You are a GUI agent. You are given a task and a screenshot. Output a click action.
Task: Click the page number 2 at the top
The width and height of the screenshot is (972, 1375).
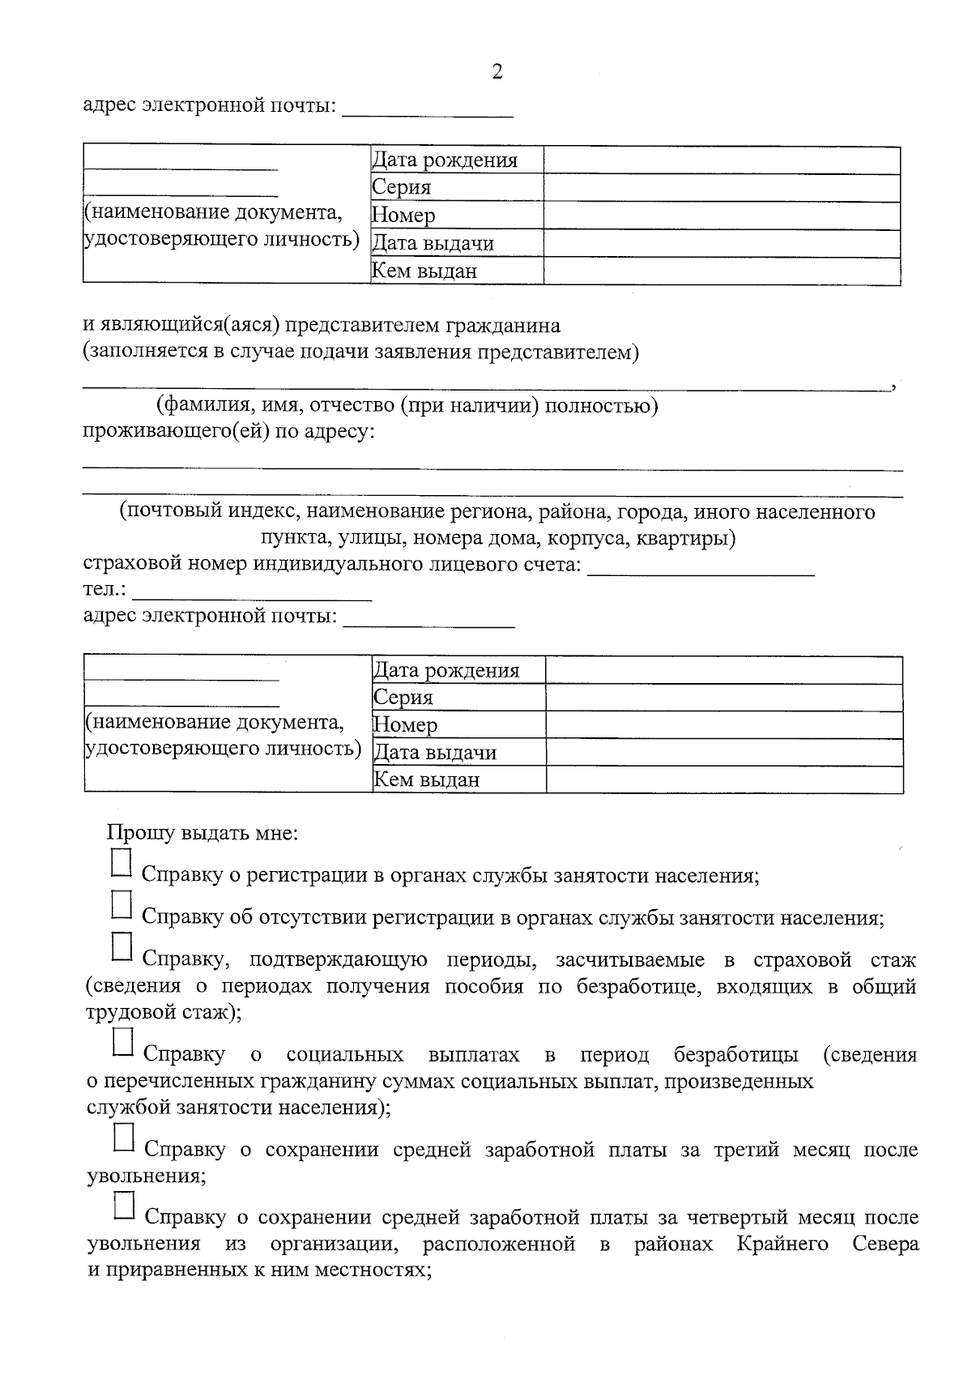coord(497,72)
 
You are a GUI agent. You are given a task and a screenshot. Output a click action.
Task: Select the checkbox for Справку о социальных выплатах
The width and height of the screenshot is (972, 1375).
coord(122,1042)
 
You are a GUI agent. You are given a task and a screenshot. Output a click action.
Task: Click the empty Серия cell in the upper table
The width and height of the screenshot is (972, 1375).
coord(721,188)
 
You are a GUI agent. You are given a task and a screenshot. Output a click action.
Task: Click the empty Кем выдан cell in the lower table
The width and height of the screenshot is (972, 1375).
coord(723,779)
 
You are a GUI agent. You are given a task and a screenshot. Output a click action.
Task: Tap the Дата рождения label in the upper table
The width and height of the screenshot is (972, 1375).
coord(445,160)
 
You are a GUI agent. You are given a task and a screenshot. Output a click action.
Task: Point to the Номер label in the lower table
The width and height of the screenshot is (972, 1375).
coord(405,725)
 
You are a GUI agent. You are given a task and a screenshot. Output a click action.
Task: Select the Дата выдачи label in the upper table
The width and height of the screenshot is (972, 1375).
coord(433,243)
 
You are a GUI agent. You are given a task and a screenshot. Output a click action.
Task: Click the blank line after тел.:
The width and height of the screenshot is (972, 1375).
coord(251,591)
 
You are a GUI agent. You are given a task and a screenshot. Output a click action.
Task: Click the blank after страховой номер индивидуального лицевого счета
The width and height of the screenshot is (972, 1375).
coord(701,565)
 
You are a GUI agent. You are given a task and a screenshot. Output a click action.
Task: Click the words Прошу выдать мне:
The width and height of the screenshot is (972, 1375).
coord(202,833)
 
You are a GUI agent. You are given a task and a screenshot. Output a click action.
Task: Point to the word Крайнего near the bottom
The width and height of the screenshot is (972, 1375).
coord(782,1244)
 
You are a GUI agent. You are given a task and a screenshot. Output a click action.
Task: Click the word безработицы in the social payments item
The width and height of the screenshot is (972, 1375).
coord(735,1055)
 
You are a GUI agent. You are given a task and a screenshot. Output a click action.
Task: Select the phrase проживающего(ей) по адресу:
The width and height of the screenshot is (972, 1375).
coord(229,432)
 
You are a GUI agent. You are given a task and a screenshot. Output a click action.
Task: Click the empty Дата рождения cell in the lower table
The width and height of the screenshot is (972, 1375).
coord(723,670)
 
